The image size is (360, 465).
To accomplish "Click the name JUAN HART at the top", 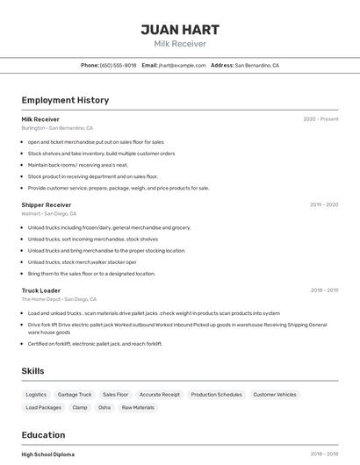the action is [180, 29].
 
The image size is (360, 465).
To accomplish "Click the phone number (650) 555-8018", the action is [118, 65].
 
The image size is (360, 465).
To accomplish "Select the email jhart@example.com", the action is [183, 65].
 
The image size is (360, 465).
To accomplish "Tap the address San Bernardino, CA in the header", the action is [256, 65].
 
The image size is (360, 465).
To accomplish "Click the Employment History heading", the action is [65, 100].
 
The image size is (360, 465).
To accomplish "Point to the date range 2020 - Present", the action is [320, 118].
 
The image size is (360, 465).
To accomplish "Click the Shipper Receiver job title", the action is [47, 204].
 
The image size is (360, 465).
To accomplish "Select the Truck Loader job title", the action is [41, 290].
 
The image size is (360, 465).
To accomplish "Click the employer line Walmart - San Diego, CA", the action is [49, 213].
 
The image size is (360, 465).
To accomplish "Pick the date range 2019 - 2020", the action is [324, 204].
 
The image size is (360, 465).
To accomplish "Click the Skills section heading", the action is [32, 371].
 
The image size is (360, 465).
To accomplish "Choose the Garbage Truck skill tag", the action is [75, 395].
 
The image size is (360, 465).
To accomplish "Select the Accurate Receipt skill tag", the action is [160, 395].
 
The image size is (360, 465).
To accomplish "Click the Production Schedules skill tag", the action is [216, 395].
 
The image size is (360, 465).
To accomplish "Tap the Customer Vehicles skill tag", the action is [275, 395].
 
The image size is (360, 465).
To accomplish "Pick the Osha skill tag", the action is [104, 407].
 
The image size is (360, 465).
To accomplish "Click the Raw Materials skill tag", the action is [138, 407].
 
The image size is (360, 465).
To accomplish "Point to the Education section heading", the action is [43, 434].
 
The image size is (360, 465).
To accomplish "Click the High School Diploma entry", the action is [48, 454].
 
